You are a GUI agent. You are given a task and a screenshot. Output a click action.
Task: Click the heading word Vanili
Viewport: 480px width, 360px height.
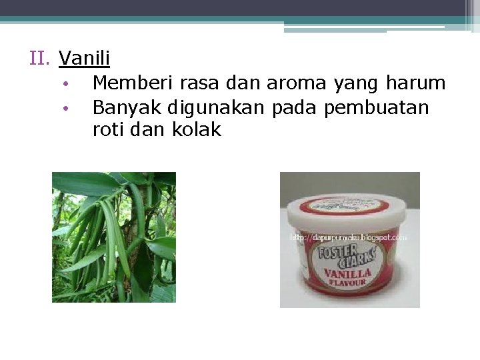coord(85,59)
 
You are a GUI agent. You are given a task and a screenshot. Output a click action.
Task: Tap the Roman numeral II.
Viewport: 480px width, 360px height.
coord(41,59)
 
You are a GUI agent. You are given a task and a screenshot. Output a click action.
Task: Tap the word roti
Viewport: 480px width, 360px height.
coord(108,130)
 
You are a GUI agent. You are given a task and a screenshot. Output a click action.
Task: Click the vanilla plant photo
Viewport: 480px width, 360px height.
coord(114,237)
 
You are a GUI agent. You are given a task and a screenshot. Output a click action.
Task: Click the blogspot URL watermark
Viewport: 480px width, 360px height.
coord(348,237)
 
